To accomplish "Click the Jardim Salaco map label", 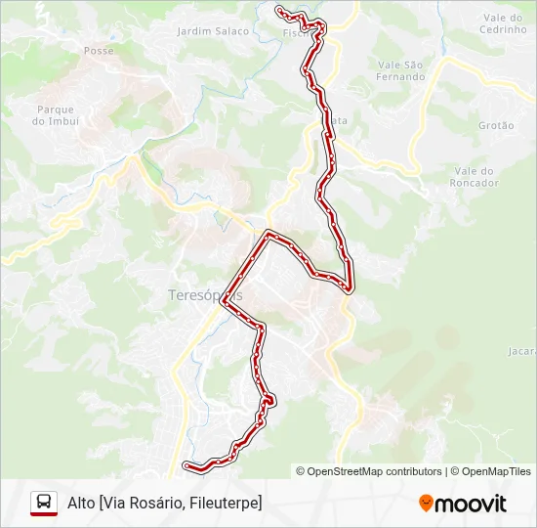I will click(x=213, y=31).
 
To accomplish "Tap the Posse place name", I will click(x=99, y=50).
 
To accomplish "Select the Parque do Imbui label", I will click(x=56, y=115).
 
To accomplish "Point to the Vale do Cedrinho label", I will click(x=505, y=23).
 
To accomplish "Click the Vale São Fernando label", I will click(x=400, y=70).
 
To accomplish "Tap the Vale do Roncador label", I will click(x=475, y=176).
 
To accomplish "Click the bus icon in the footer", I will click(x=44, y=503).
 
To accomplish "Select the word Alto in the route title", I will click(x=80, y=503).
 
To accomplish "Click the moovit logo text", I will click(x=471, y=504).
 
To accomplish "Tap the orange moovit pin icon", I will click(x=426, y=504).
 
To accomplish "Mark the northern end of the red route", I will click(x=279, y=10).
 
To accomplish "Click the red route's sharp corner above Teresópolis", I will click(x=267, y=233).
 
